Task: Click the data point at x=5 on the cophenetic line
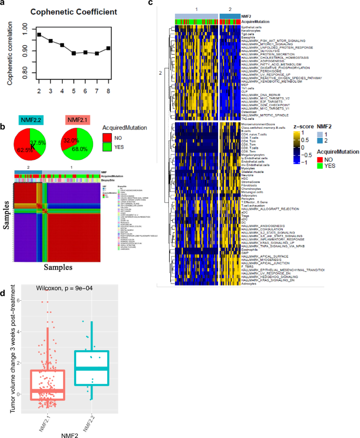pyautogui.click(x=74, y=53)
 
